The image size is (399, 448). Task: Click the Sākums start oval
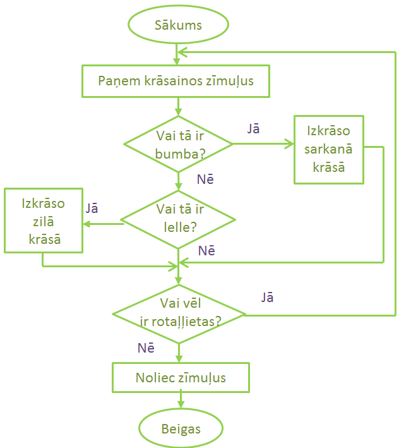point(178,25)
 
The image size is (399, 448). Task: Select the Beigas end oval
point(181,429)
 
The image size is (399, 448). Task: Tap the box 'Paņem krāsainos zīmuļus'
point(176,82)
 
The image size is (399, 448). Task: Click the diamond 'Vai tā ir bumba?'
point(179,143)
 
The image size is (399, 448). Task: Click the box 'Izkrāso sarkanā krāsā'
point(328,150)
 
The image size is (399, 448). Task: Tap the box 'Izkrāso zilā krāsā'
point(43,221)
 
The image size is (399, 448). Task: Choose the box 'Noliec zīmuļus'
point(181,378)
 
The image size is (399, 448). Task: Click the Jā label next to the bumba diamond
point(254,128)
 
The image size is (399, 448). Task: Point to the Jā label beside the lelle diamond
point(92,208)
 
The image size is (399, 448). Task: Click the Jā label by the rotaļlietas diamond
point(267,297)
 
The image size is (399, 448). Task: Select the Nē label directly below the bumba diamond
point(205,179)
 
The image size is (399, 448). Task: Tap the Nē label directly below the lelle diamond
point(206,251)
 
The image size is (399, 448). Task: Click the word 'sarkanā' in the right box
point(328,150)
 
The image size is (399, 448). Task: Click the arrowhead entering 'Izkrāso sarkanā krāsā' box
point(290,143)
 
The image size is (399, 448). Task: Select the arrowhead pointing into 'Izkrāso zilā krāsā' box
point(87,223)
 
